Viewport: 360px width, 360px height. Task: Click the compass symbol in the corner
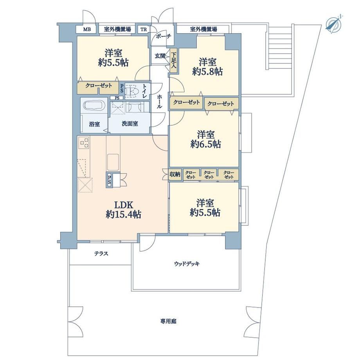click(x=334, y=23)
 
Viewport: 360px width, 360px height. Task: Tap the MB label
click(x=87, y=29)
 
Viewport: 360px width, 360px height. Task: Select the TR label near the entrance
click(x=144, y=29)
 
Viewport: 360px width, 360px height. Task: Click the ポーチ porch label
click(x=163, y=36)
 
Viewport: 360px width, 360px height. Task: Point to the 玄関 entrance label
click(x=160, y=56)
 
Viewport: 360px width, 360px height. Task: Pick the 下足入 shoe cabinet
click(x=174, y=61)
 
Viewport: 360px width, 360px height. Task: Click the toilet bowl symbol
click(x=133, y=91)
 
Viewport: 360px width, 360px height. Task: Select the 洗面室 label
click(x=130, y=124)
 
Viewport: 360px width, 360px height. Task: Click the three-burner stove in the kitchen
click(x=84, y=143)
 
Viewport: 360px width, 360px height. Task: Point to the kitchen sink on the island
click(x=113, y=162)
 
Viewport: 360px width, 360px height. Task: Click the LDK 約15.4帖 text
click(x=124, y=209)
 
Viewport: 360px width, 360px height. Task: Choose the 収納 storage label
click(x=175, y=174)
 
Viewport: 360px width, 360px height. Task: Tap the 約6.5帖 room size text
click(x=206, y=144)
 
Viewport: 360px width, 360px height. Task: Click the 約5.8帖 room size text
click(x=207, y=72)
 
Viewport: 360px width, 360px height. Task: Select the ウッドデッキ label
click(x=187, y=264)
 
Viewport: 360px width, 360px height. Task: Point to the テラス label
click(x=101, y=254)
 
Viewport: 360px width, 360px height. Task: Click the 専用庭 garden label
click(x=168, y=321)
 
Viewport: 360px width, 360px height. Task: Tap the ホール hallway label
click(x=159, y=102)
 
